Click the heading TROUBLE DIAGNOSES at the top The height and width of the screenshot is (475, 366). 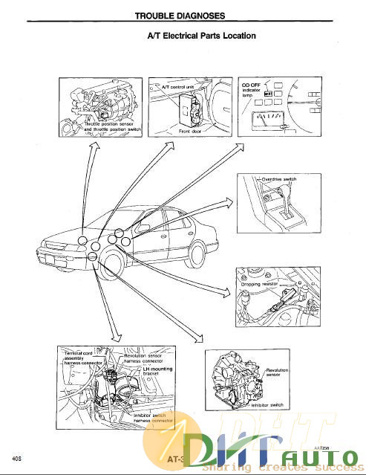[180, 15]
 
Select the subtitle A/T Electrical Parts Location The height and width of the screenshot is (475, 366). [203, 36]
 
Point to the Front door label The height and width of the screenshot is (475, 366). [191, 130]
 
